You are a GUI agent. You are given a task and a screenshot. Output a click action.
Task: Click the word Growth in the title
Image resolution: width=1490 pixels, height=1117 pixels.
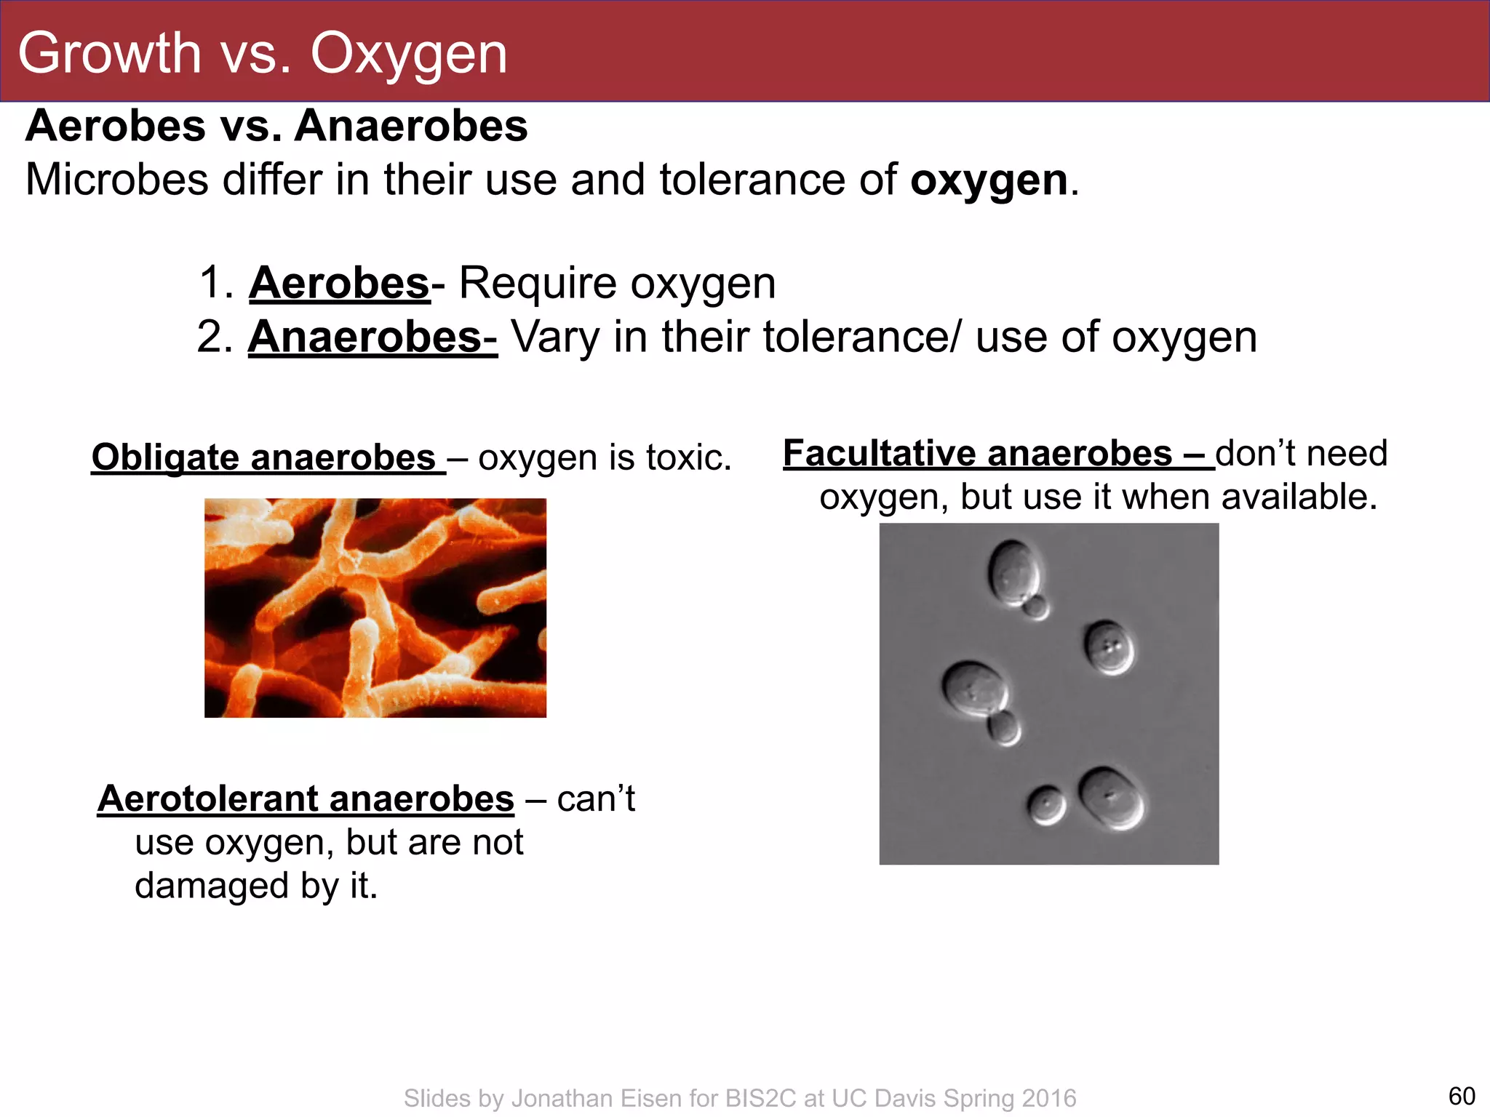pos(109,54)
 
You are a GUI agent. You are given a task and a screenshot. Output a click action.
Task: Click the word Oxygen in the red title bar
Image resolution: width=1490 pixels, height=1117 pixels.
pos(408,54)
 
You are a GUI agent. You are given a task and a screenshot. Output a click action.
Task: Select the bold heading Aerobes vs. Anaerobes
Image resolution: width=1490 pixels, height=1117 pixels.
pos(276,126)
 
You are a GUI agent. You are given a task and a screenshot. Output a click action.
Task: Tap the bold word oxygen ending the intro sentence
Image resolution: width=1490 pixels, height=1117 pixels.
pos(989,180)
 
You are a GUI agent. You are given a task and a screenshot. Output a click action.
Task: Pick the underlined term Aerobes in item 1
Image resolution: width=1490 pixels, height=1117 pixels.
pos(339,283)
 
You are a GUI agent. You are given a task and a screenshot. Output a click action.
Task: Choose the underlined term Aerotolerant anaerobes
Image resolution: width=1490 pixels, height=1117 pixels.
pos(306,799)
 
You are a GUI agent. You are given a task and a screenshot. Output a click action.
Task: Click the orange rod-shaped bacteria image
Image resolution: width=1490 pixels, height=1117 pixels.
pos(375,608)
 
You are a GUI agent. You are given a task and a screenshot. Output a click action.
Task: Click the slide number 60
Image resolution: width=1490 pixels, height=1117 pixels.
pos(1462,1096)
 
